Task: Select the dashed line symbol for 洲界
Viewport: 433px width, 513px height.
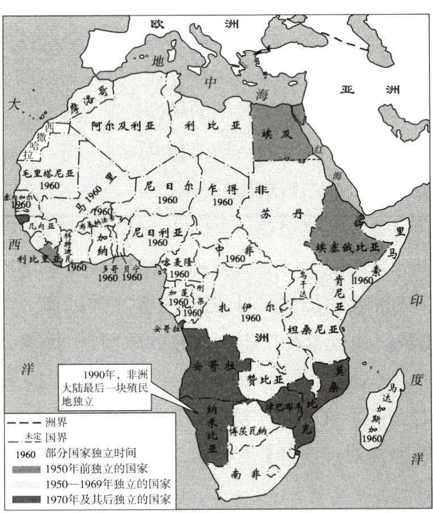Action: pos(22,423)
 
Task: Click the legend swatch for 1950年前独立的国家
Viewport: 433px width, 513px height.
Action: pos(22,469)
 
